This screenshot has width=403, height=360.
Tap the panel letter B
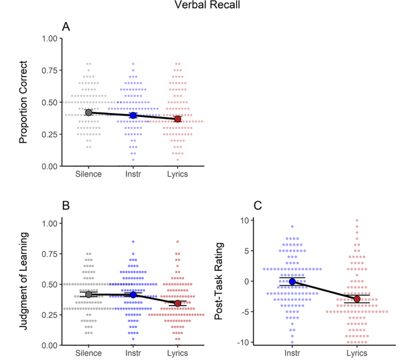66,205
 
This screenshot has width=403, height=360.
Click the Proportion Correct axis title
23,103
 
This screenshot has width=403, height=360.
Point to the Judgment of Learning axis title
23,281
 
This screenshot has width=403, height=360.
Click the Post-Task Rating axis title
219,281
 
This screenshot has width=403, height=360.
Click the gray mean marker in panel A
89,112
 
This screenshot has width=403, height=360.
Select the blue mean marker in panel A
133,115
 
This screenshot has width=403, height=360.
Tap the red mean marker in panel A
178,119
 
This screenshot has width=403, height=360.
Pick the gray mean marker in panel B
89,294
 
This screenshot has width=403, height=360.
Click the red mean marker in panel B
178,303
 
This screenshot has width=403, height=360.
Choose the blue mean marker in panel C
292,282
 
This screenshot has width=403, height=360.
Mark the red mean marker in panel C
356,299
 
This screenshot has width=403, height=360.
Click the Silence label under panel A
89,174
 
